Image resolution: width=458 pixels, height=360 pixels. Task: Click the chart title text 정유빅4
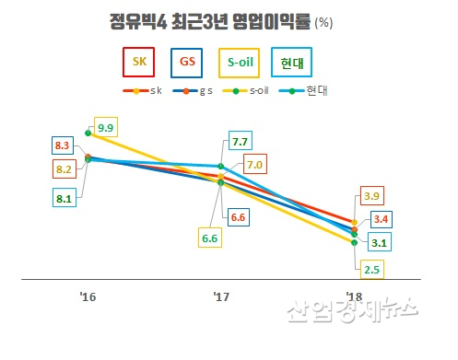coord(139,20)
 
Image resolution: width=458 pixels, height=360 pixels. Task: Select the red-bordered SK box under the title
coord(140,63)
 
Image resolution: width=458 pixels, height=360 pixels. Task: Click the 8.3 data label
coord(63,145)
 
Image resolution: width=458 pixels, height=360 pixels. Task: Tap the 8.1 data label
coord(63,195)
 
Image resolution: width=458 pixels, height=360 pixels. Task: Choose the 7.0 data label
coord(255,165)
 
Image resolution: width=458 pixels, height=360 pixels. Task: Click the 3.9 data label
coord(372,196)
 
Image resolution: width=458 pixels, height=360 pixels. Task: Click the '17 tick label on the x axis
coord(221,296)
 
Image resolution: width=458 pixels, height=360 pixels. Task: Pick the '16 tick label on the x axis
coord(88,296)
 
